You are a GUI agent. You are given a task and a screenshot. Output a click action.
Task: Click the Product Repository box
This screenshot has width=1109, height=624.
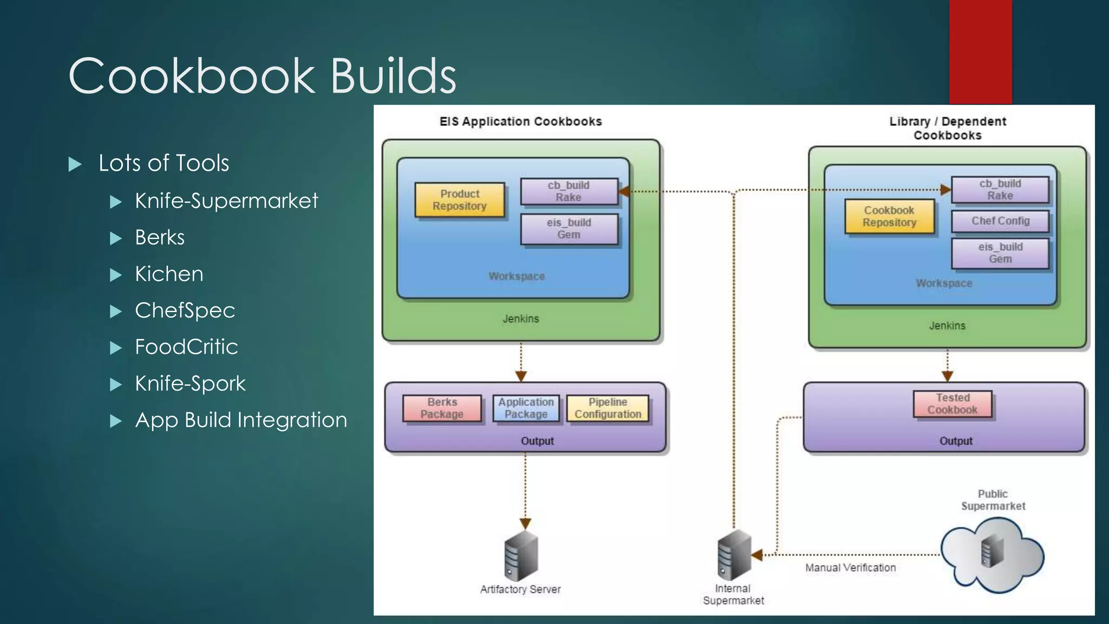click(x=459, y=200)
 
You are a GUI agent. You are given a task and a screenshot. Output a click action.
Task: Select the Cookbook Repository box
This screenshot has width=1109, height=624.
click(x=889, y=216)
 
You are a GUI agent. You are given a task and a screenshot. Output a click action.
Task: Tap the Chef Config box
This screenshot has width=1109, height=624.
click(x=1000, y=221)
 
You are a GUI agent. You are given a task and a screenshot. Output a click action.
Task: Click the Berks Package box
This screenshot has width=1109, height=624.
click(x=442, y=408)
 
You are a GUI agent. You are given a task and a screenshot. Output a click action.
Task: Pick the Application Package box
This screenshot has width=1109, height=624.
click(x=526, y=408)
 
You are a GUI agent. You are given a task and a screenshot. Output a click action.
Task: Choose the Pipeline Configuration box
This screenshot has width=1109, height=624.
click(x=608, y=408)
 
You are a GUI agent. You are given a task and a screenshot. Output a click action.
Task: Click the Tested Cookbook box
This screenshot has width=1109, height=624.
click(x=953, y=404)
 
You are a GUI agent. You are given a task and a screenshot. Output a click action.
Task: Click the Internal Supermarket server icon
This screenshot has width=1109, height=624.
click(x=734, y=555)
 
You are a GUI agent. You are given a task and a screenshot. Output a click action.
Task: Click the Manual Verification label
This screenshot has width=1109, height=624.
click(x=850, y=568)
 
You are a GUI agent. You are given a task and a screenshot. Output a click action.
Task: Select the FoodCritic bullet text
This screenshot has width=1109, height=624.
click(x=186, y=347)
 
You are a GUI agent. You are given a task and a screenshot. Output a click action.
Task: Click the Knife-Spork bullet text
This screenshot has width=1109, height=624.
click(x=190, y=383)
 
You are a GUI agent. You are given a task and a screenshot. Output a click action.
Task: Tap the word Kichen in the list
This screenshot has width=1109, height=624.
click(x=169, y=274)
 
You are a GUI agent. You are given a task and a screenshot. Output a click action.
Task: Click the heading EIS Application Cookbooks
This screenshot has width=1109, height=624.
click(x=520, y=121)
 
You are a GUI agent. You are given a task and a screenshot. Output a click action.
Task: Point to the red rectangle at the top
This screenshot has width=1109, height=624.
click(x=980, y=51)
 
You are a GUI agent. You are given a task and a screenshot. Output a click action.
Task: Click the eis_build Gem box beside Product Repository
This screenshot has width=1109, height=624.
click(x=569, y=229)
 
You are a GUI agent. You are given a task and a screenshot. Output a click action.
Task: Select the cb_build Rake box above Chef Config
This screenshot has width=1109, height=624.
click(x=1000, y=190)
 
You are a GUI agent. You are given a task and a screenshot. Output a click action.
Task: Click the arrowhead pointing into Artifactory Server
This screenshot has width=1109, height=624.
click(x=525, y=523)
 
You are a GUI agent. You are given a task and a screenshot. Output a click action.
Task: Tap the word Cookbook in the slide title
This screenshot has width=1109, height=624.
click(x=191, y=76)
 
